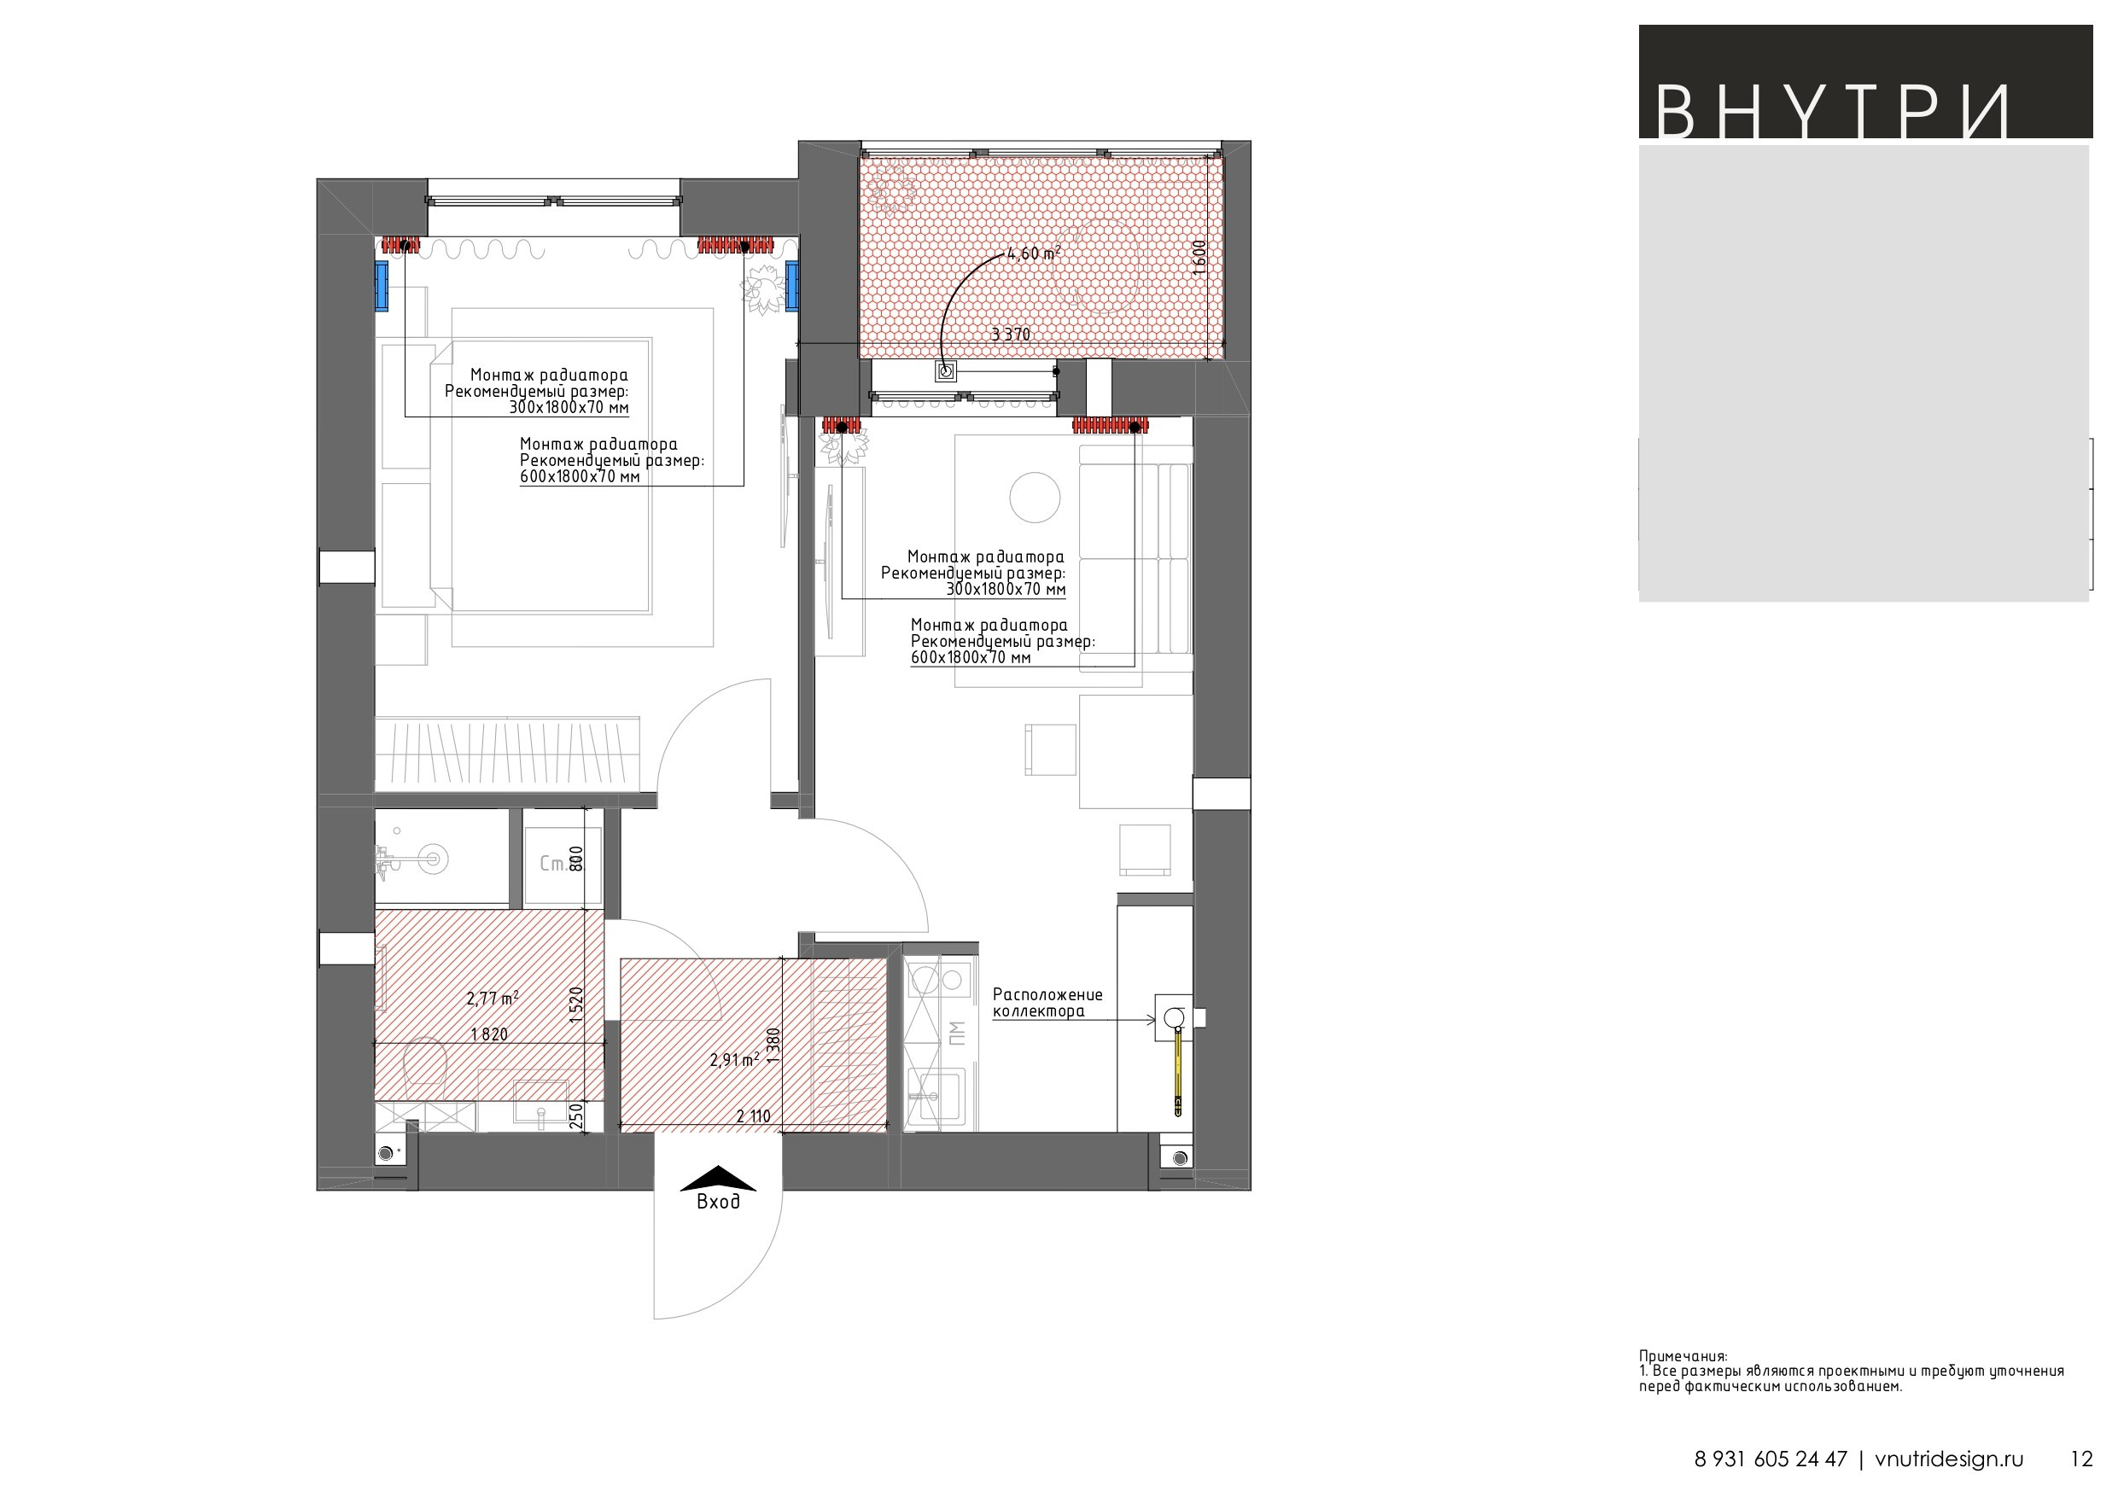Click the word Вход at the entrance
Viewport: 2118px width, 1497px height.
[718, 1202]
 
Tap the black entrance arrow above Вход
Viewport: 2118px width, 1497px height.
[718, 1178]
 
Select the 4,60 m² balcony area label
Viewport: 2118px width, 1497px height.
[1034, 253]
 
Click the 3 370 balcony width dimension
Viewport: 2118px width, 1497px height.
[1011, 334]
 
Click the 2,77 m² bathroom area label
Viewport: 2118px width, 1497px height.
[493, 998]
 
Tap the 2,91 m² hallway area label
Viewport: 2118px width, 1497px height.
[735, 1060]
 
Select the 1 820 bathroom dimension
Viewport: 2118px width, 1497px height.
[489, 1034]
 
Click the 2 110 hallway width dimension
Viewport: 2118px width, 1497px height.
[754, 1116]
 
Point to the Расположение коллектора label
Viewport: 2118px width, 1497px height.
[1048, 1003]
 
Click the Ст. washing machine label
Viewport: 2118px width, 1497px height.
[553, 865]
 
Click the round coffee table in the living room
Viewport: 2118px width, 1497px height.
[1035, 498]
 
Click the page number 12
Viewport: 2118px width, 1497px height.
[2082, 1459]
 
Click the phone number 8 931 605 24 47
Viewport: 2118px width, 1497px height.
[1771, 1459]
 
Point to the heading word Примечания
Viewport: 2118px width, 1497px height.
[1683, 1356]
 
